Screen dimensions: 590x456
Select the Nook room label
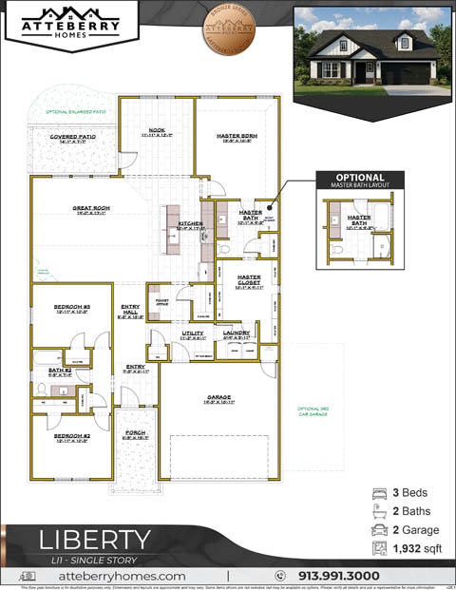point(157,132)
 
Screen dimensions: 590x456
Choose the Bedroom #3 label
point(72,308)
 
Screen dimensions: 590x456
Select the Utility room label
point(193,333)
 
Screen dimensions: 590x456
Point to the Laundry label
point(237,333)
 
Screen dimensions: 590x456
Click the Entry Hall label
point(131,310)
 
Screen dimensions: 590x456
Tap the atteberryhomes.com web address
point(122,576)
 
